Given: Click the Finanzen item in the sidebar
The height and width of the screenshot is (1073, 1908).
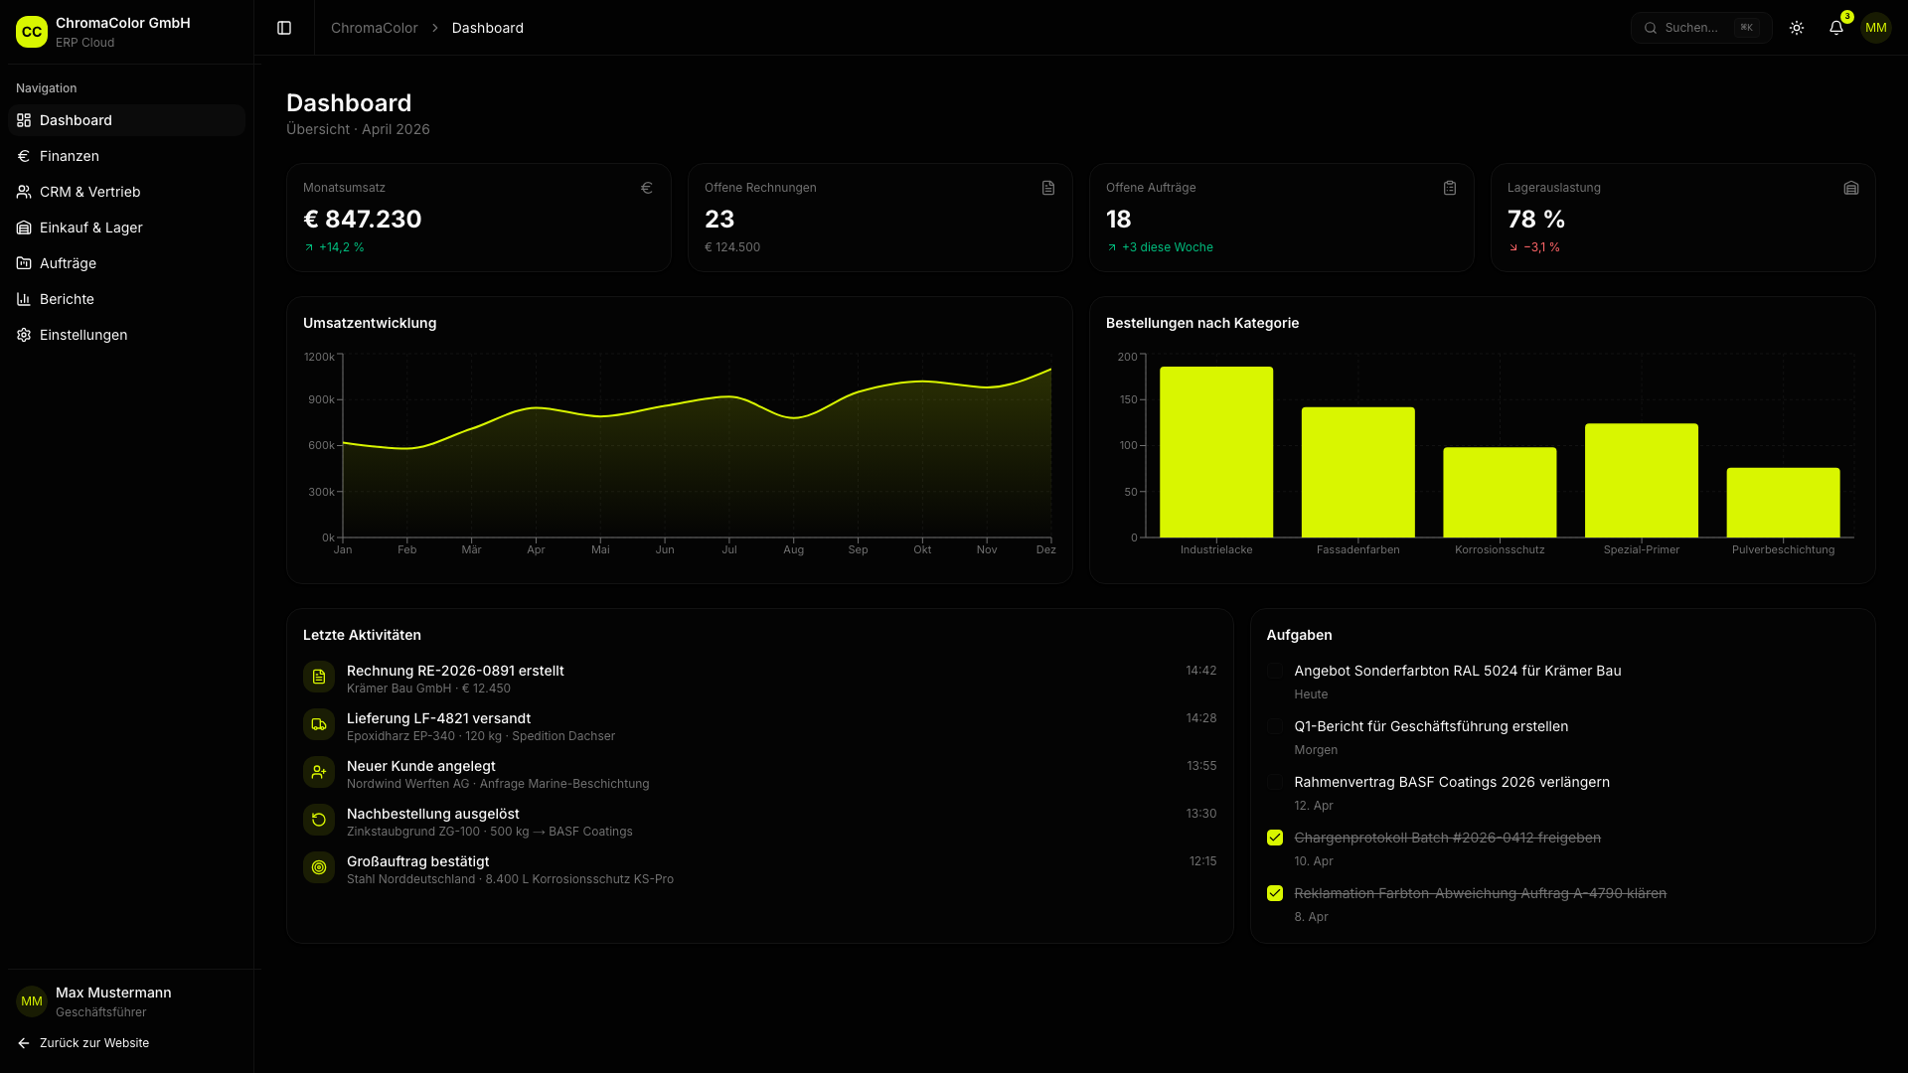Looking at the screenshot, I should tap(69, 156).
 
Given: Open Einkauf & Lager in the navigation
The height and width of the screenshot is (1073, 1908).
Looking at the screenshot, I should tap(90, 228).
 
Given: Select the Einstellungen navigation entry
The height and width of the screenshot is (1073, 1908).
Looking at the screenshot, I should tap(83, 335).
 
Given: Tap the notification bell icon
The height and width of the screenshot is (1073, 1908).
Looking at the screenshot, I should tap(1836, 28).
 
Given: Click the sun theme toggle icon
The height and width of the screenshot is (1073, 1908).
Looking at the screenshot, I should tap(1797, 28).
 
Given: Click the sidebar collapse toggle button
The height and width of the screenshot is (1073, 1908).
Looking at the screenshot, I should tap(284, 28).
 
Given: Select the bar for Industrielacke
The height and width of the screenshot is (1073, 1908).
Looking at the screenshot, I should tap(1216, 452).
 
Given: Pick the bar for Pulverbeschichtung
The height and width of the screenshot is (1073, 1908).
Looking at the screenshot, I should tap(1783, 503).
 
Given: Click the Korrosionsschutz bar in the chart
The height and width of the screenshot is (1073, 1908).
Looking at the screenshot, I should tap(1500, 493).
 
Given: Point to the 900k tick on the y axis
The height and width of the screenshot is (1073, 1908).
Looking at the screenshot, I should tap(321, 399).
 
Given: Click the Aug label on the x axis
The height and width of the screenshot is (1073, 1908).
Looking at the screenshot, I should tap(793, 549).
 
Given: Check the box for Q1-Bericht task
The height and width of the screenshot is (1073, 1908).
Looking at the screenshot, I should tap(1275, 726).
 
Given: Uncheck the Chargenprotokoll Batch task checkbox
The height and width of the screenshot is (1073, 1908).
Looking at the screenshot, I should tap(1275, 838).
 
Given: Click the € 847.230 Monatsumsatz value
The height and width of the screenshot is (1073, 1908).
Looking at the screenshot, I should tap(363, 219).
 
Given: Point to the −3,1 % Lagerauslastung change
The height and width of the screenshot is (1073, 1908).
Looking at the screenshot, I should tap(1541, 247).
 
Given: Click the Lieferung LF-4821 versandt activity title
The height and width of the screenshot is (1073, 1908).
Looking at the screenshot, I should tap(438, 718).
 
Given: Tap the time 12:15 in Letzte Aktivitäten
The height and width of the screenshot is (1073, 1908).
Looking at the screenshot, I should tap(1202, 861).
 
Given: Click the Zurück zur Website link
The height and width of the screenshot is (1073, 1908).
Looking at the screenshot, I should tap(93, 1043).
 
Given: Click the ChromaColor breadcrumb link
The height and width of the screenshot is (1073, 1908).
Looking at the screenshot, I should tap(374, 28).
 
